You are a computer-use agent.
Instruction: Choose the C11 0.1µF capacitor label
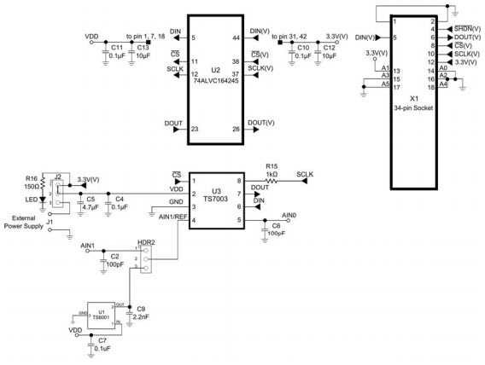coord(116,51)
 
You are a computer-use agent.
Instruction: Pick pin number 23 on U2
coord(195,128)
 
